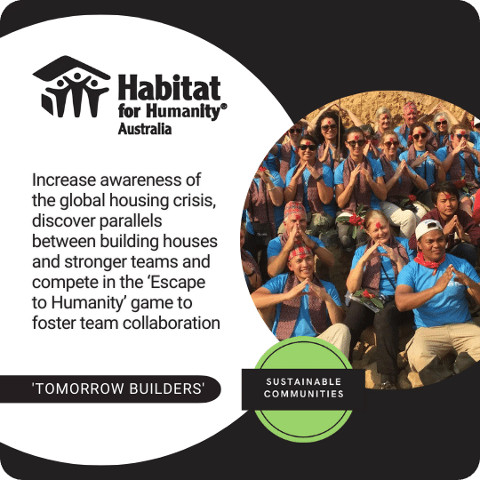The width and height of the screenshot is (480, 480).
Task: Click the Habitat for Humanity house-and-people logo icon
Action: (x=71, y=86)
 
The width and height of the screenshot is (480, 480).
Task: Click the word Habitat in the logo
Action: (x=169, y=87)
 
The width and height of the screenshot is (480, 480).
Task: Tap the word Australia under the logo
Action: (x=145, y=129)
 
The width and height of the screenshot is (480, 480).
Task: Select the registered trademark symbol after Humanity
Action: (x=224, y=107)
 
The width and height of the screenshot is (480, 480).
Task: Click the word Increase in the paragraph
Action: (x=64, y=180)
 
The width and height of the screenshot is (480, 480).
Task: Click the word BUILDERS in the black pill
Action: (x=165, y=388)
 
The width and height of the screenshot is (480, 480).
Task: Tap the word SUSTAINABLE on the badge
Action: (x=304, y=381)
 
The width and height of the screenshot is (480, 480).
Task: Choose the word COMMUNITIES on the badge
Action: (x=304, y=394)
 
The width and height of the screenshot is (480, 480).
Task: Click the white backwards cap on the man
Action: (x=428, y=229)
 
